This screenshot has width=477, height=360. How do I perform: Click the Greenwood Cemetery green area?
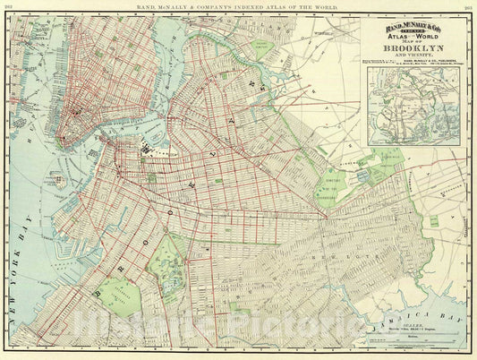pyautogui.click(x=117, y=296)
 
